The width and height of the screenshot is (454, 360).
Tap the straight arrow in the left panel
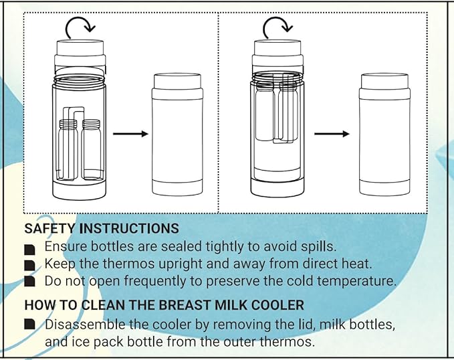pyautogui.click(x=130, y=134)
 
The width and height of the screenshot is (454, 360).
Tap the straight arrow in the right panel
pyautogui.click(x=332, y=134)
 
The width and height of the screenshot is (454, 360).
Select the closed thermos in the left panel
pyautogui.click(x=177, y=134)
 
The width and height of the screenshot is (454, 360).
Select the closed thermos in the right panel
pyautogui.click(x=383, y=134)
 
